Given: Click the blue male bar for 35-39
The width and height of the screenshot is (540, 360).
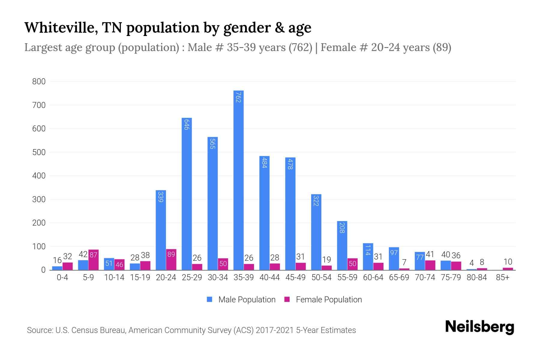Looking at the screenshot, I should (238, 180).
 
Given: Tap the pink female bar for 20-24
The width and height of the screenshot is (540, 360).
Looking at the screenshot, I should (171, 259).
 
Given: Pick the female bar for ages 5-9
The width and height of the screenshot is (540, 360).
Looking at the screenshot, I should (93, 260).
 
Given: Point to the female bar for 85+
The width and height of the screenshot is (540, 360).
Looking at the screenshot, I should (508, 269).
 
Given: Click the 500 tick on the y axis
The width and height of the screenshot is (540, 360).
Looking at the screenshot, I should (39, 152).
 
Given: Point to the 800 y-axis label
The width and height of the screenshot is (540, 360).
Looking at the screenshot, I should (39, 82).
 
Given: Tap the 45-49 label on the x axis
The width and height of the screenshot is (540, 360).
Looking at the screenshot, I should (295, 277).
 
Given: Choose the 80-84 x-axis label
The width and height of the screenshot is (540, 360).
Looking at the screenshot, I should (477, 277).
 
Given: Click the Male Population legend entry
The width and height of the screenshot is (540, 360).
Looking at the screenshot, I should (241, 300).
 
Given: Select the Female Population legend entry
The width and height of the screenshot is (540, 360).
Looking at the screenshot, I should (323, 300).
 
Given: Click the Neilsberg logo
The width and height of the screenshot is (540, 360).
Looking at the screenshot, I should (479, 327).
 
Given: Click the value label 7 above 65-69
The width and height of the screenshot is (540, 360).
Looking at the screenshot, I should (404, 262).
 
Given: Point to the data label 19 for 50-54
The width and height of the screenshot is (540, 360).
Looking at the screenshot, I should (326, 259).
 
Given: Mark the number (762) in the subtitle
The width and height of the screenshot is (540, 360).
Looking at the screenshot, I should (300, 47).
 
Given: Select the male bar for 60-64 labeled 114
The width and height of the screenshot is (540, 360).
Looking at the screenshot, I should (368, 256).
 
